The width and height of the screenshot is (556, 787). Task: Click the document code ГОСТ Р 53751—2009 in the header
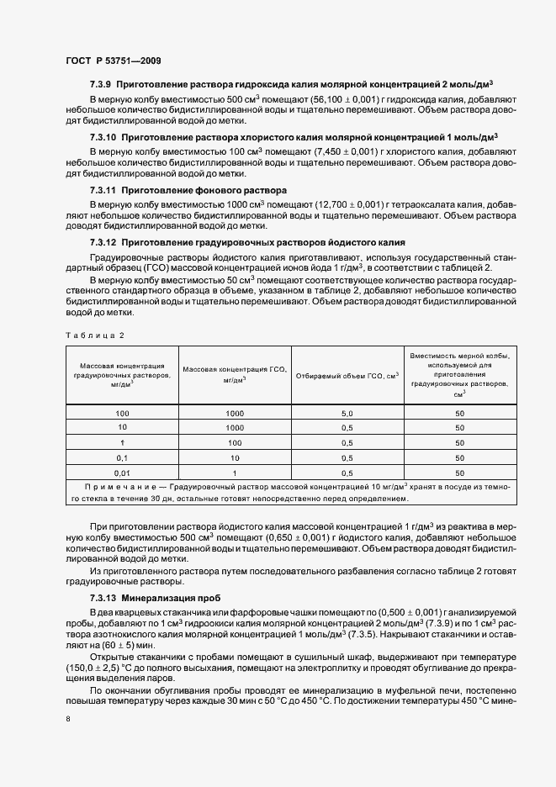114,61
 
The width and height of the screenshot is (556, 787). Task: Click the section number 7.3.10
103,137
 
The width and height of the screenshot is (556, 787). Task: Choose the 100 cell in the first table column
122,415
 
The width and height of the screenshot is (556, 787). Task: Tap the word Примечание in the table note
119,488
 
